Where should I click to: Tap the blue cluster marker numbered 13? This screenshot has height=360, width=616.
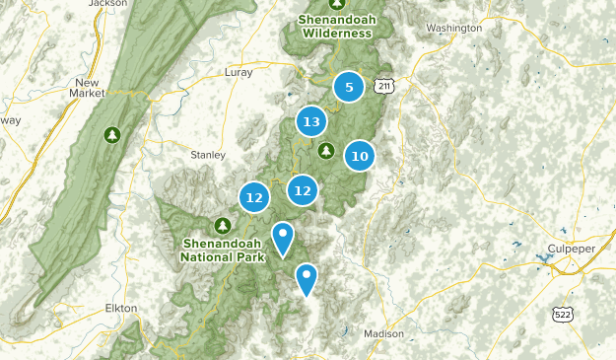(x=311, y=122)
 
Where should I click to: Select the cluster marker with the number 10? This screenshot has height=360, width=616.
(x=360, y=155)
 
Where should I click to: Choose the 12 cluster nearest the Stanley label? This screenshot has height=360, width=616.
(x=254, y=197)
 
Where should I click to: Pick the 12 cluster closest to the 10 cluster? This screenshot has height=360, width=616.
(x=303, y=190)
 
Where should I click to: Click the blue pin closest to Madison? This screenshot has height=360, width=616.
(x=308, y=280)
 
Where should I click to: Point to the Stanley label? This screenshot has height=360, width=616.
(x=208, y=155)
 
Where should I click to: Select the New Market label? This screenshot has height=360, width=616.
(x=88, y=88)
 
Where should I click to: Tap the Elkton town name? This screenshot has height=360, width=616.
(x=121, y=308)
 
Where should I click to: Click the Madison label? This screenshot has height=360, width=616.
(x=383, y=333)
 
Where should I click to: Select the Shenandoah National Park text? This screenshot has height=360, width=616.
(x=224, y=251)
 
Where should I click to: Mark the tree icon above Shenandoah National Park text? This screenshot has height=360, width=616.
(x=223, y=225)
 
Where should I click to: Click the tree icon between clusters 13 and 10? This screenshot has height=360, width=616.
(x=326, y=150)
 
